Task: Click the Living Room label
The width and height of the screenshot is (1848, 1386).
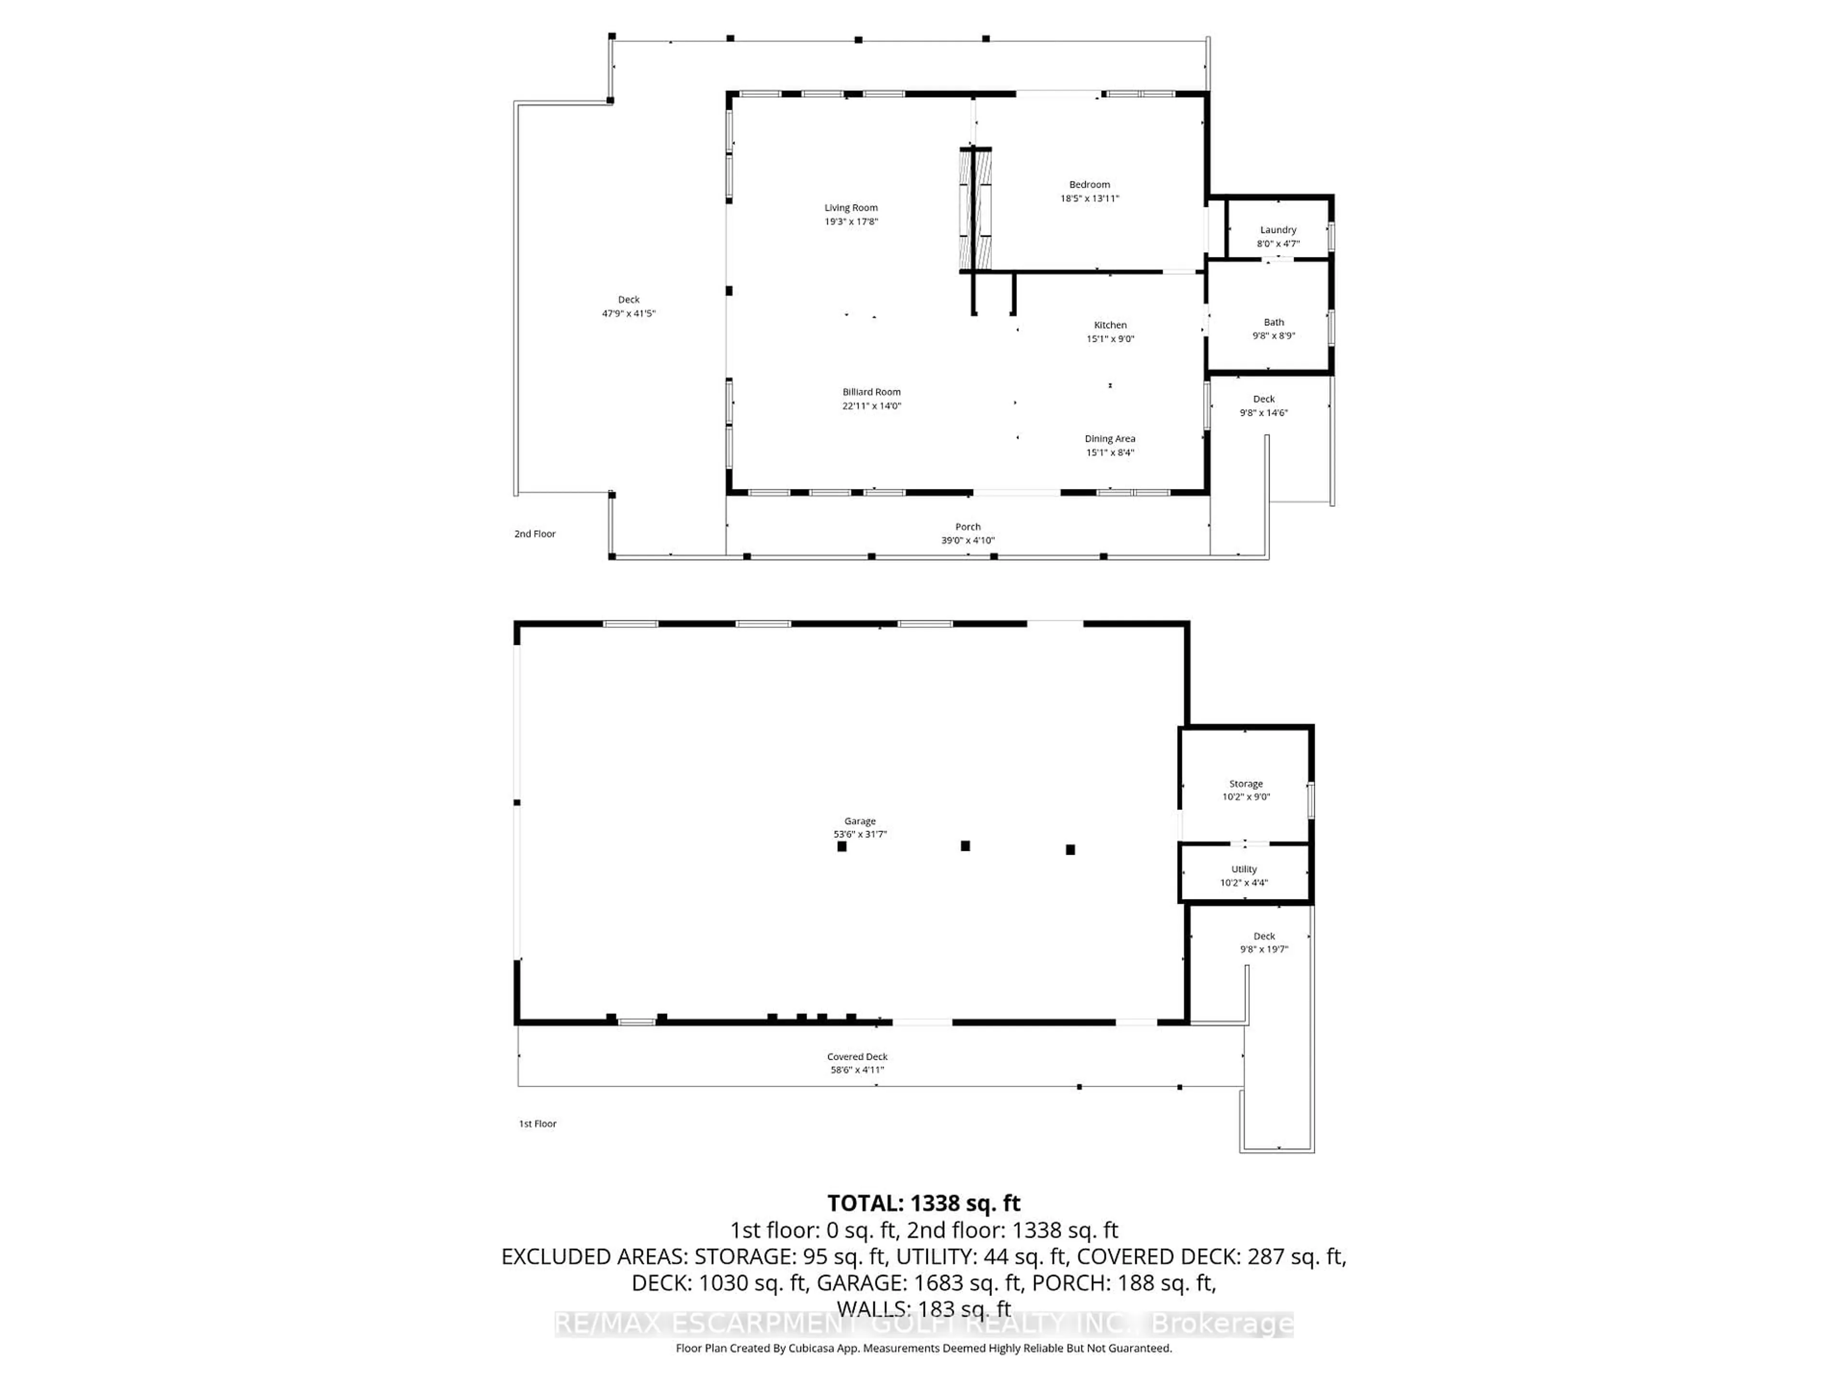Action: pyautogui.click(x=850, y=208)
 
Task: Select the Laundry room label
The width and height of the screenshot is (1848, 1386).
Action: pyautogui.click(x=1277, y=230)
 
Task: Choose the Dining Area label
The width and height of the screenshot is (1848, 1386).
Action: pyautogui.click(x=1109, y=438)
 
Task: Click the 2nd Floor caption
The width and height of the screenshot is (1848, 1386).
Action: pyautogui.click(x=535, y=534)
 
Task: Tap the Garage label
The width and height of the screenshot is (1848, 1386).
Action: pyautogui.click(x=859, y=821)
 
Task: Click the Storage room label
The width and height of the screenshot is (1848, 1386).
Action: pyautogui.click(x=1245, y=783)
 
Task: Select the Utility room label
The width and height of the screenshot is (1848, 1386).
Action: pyautogui.click(x=1243, y=869)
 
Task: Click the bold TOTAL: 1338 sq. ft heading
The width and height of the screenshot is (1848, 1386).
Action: pyautogui.click(x=923, y=1203)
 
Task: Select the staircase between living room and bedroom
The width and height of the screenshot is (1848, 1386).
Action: pyautogui.click(x=974, y=209)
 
